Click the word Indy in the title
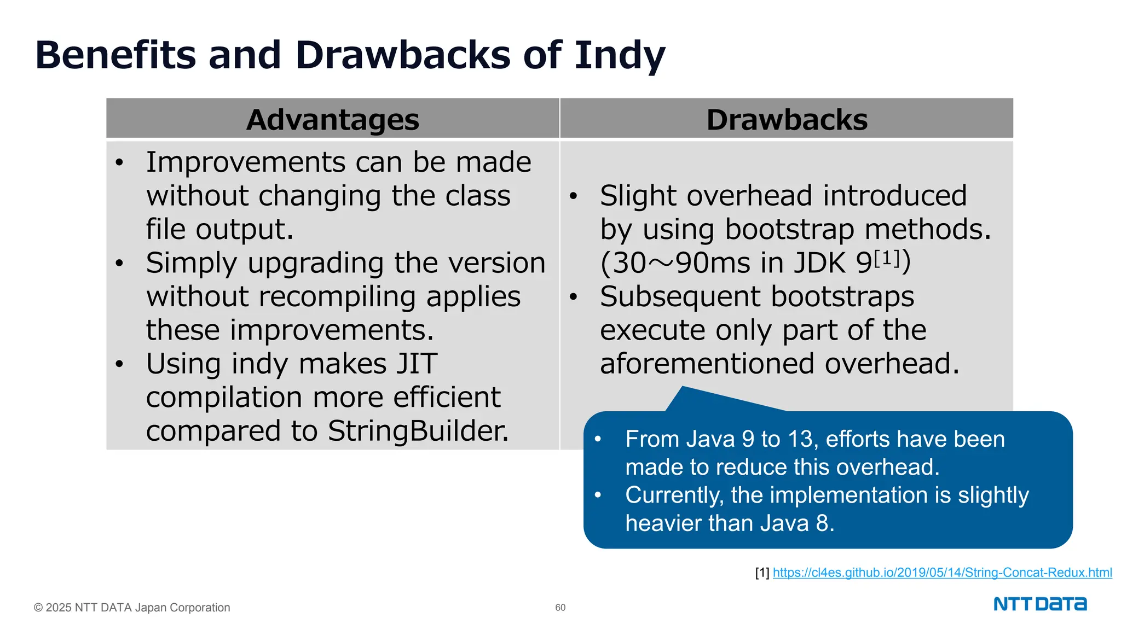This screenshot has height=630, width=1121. (x=619, y=56)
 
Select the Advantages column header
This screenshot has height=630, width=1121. (x=333, y=119)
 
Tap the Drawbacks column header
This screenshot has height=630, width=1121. (x=787, y=119)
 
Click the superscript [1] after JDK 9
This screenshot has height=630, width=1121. (x=887, y=258)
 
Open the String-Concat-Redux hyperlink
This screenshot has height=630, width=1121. (x=942, y=573)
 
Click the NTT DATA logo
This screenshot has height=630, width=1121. (x=1040, y=604)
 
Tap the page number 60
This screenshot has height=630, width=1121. (x=560, y=608)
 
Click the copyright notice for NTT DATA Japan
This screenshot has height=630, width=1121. (x=132, y=608)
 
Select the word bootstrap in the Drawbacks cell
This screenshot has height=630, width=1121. (x=789, y=230)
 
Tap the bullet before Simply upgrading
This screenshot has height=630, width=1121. (x=120, y=264)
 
